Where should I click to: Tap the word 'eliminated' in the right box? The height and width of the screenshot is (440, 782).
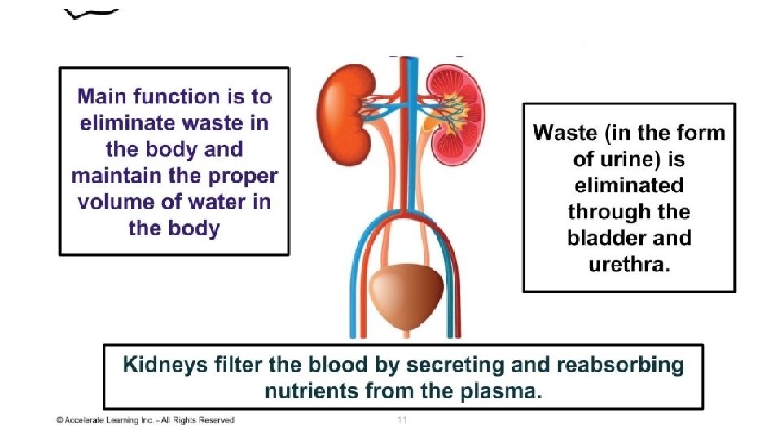[x=628, y=185]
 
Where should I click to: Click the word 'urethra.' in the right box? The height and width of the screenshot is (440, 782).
[x=629, y=265]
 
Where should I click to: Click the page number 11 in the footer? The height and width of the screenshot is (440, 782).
[x=402, y=420]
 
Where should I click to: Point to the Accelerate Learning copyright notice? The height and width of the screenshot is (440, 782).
[x=145, y=420]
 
